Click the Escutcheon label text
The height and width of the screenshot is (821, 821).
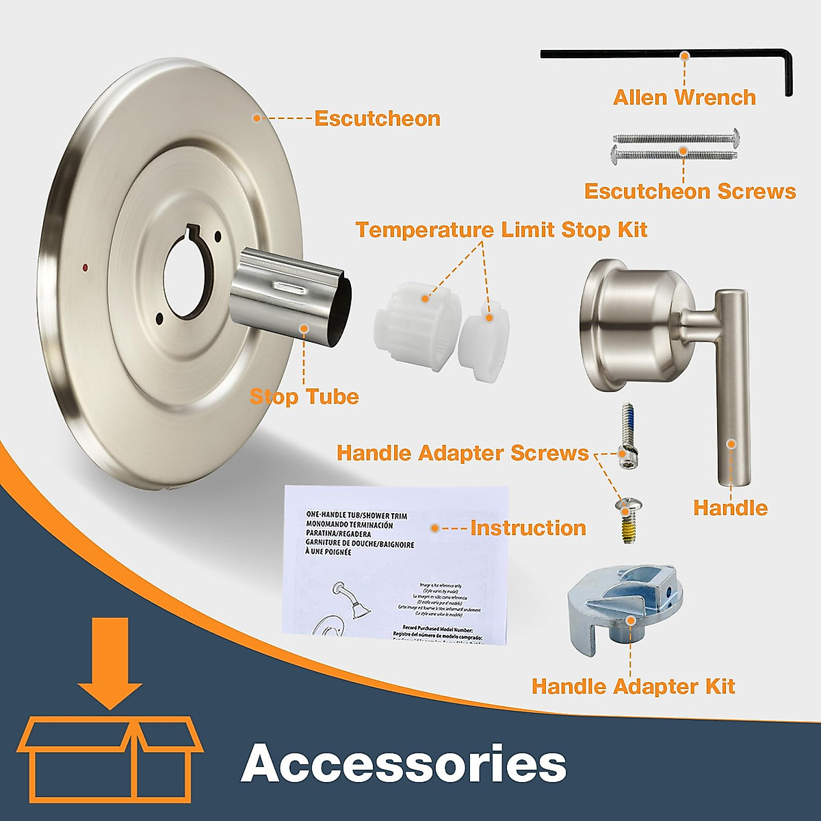coord(377,118)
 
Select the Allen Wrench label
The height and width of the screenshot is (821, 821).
coord(684,97)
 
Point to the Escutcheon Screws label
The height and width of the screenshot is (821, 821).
coord(690,191)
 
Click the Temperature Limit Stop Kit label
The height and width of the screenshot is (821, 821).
coord(501,229)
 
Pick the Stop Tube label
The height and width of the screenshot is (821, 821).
coord(304,396)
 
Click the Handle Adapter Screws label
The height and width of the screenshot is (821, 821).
coord(462,453)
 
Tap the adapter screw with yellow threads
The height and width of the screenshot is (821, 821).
coord(625,519)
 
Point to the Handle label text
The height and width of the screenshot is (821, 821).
coord(730,508)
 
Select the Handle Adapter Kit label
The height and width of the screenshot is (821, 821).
coord(633,686)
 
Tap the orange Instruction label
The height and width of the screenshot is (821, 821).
coord(527,528)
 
